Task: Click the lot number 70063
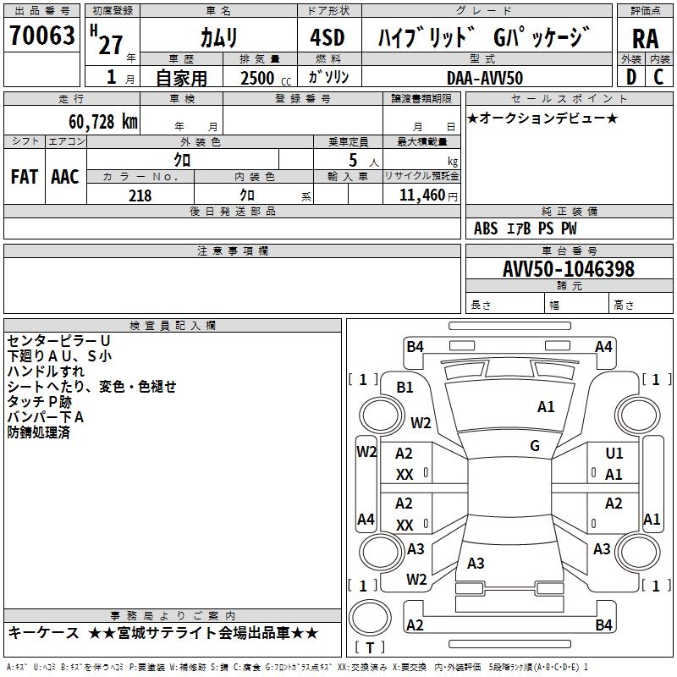point(42,37)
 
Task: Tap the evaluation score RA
point(645,39)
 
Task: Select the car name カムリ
point(219,37)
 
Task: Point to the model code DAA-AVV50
point(485,78)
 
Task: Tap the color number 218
point(140,195)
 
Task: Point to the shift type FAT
point(24,177)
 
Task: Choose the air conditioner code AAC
point(65,177)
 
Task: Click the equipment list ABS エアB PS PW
point(526,228)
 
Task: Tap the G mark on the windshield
point(535,445)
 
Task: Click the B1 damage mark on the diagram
point(405,387)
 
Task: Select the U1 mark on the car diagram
point(614,454)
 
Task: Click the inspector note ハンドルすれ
point(46,371)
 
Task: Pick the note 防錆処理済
point(38,432)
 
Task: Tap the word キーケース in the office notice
point(41,633)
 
